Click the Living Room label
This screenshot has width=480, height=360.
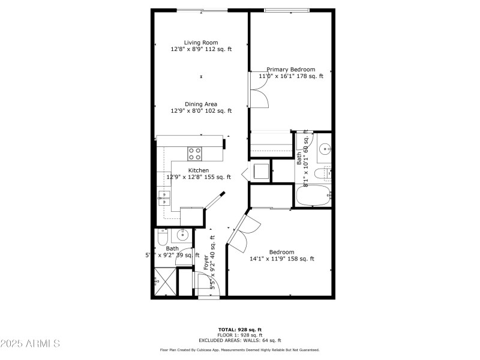pyautogui.click(x=201, y=43)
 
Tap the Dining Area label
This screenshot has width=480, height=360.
pyautogui.click(x=201, y=104)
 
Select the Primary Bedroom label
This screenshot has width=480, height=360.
pyautogui.click(x=291, y=70)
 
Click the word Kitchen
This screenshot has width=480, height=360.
pyautogui.click(x=199, y=170)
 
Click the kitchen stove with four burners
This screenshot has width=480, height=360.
pyautogui.click(x=195, y=154)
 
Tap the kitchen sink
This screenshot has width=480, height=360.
pyautogui.click(x=163, y=199)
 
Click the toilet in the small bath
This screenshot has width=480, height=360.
pyautogui.click(x=161, y=240)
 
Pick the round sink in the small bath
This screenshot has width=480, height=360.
pyautogui.click(x=184, y=235)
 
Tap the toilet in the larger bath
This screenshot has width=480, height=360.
pyautogui.click(x=326, y=173)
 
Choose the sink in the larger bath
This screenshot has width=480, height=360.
pyautogui.click(x=324, y=148)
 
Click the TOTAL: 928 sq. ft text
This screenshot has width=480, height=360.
pyautogui.click(x=239, y=329)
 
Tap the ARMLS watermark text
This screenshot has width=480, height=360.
pyautogui.click(x=30, y=344)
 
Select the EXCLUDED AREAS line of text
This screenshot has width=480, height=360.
pyautogui.click(x=239, y=340)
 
